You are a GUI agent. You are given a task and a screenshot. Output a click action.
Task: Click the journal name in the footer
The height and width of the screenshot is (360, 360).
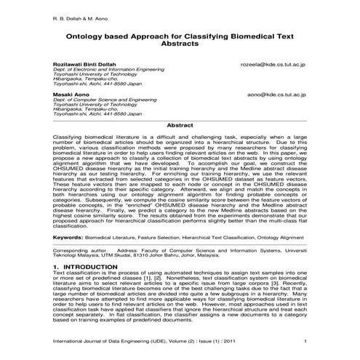pyautogui.click(x=117, y=342)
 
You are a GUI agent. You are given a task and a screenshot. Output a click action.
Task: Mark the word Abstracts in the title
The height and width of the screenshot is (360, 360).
pyautogui.click(x=180, y=44)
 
